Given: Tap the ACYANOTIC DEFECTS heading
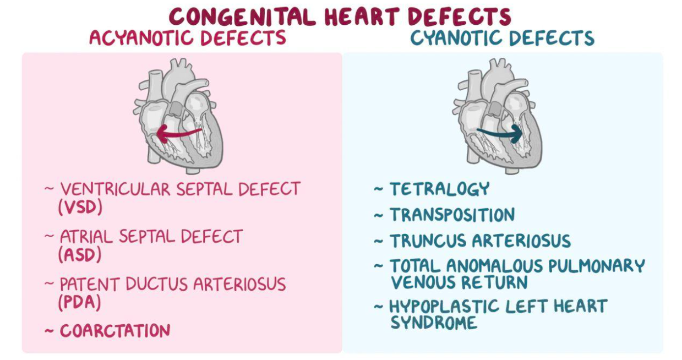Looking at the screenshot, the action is coord(188,38).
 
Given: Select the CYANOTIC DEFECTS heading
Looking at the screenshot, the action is coord(502,38).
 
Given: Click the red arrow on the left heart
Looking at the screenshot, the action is coord(177,133).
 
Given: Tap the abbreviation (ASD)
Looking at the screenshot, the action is coord(80,254).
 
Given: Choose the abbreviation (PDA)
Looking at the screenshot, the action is coord(80,302).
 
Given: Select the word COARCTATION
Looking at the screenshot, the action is coord(115,331).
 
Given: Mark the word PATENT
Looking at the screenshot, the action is coord(90,285).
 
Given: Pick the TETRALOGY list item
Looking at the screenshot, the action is coord(439,189).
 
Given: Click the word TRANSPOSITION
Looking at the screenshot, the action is coord(452,215).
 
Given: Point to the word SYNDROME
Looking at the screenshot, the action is coord(434,323).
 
